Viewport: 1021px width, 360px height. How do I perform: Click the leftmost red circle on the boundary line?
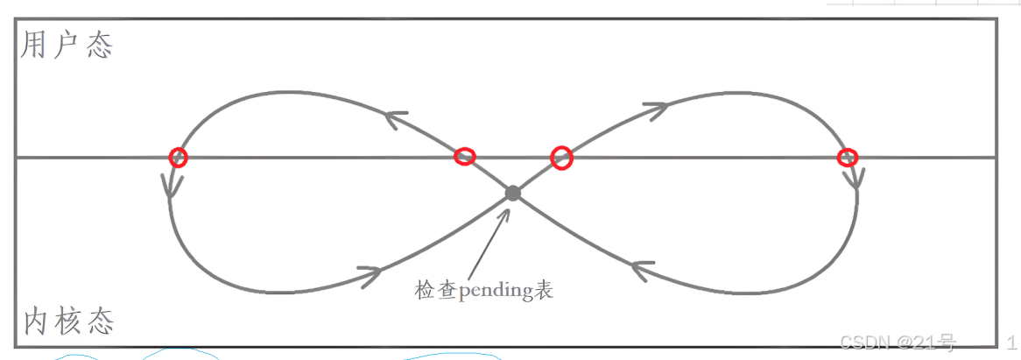(178, 157)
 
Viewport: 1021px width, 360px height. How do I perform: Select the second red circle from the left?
(465, 157)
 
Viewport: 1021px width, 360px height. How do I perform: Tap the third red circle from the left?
(561, 158)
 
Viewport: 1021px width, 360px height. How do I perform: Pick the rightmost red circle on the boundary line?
(847, 158)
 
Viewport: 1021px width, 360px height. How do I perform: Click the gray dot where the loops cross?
(513, 193)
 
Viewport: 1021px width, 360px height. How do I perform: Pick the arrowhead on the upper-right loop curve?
(655, 109)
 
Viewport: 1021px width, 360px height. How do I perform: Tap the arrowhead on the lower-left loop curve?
(370, 274)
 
